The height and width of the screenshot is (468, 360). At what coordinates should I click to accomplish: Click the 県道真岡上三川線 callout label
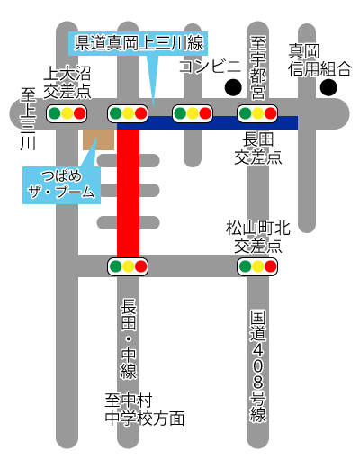coord(138,43)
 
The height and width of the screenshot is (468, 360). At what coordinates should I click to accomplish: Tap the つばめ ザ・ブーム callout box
coord(61,185)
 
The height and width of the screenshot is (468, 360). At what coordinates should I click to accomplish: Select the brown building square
coord(98,139)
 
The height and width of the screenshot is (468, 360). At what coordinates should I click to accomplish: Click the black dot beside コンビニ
coord(233,87)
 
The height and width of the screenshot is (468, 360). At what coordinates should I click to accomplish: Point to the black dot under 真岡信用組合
coord(328,87)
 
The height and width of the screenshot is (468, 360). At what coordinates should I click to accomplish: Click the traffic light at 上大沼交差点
coord(67,113)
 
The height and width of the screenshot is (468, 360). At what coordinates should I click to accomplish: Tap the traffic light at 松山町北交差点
coord(257,266)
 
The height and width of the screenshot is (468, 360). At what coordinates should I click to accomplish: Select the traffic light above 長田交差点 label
coord(257,113)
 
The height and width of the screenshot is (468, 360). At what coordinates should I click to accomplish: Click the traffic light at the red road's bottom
coord(128,266)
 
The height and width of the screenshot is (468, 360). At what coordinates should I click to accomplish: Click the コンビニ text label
coord(211,67)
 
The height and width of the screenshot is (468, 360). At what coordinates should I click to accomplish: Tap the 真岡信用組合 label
coord(319,60)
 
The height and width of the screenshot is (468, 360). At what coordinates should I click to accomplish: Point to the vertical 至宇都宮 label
coord(257,68)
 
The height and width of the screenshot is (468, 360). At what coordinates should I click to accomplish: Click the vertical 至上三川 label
coord(28,119)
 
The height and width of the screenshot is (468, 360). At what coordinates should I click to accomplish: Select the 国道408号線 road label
coord(258,366)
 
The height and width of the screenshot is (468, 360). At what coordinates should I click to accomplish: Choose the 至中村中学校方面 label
coord(145,409)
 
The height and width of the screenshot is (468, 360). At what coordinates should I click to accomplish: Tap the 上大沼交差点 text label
coord(67,83)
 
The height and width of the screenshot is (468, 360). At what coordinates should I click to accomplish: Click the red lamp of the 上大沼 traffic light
coord(80,113)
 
